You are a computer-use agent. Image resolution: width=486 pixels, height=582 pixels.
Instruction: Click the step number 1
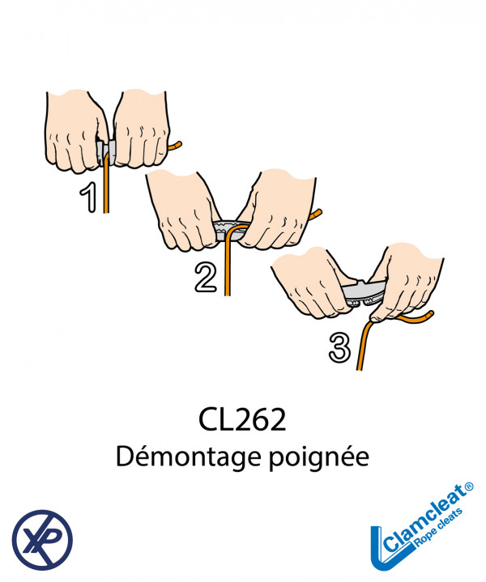(89, 198)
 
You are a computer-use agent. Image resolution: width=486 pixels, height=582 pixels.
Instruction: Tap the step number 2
(206, 277)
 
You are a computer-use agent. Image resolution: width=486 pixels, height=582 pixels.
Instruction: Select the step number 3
(339, 347)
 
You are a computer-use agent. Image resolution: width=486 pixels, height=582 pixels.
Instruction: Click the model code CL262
(242, 420)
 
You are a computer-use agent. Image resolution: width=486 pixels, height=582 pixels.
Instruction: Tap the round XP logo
(42, 540)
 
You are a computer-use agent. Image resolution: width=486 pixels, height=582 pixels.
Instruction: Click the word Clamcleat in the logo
(424, 518)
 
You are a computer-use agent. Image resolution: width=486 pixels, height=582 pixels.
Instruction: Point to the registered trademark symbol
(469, 486)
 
